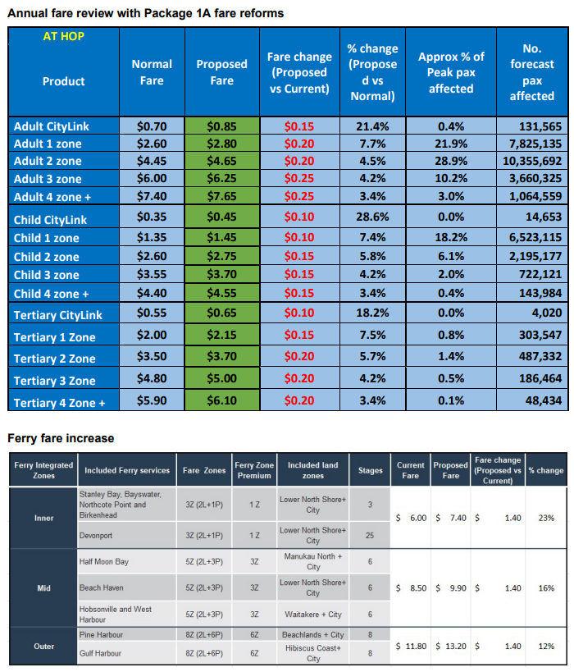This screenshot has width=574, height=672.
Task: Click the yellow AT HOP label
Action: pos(62,37)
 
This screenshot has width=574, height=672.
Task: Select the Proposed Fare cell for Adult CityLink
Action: pos(221,126)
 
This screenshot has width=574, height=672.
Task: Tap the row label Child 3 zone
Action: pos(47,275)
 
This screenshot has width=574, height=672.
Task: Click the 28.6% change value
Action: pos(371,219)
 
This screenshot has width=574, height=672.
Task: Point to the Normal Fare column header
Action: pos(152,72)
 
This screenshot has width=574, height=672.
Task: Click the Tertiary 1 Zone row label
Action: pos(54,337)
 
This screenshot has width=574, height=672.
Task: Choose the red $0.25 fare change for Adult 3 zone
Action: pos(299,179)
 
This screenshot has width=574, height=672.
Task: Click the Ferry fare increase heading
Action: pos(61,438)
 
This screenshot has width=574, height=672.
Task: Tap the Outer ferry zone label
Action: pos(44,647)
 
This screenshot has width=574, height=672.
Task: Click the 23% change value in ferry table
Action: pos(545,518)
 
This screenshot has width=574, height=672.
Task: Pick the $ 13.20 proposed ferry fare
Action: pos(450,646)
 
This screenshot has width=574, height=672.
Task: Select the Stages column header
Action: pos(370,470)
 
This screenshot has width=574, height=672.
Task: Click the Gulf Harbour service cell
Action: pos(100,653)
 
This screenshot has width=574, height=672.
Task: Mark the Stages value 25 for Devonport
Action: pos(370,535)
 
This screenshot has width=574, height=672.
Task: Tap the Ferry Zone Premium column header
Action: pos(254,470)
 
